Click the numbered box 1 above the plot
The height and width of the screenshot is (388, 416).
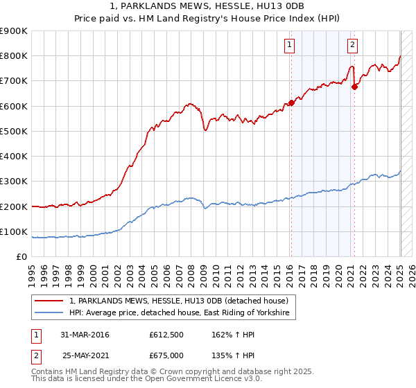tap(288, 46)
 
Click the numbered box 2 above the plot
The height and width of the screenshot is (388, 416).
tap(352, 46)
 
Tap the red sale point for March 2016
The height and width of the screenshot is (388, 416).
tap(291, 103)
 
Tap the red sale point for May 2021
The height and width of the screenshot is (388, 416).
tap(354, 87)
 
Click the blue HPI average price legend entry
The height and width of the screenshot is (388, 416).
tap(182, 314)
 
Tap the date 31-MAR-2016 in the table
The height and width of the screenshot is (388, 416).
tap(85, 335)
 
